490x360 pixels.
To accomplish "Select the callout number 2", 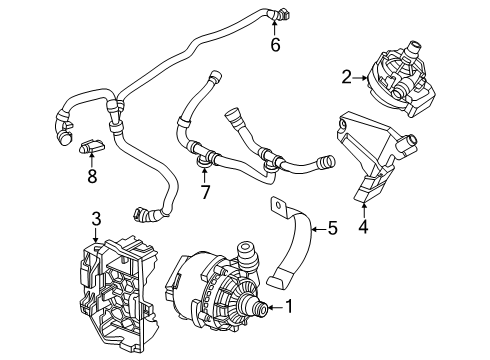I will [x=347, y=75].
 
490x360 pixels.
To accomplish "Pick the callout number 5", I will [x=333, y=228].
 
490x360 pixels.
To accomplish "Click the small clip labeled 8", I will [x=91, y=151].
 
